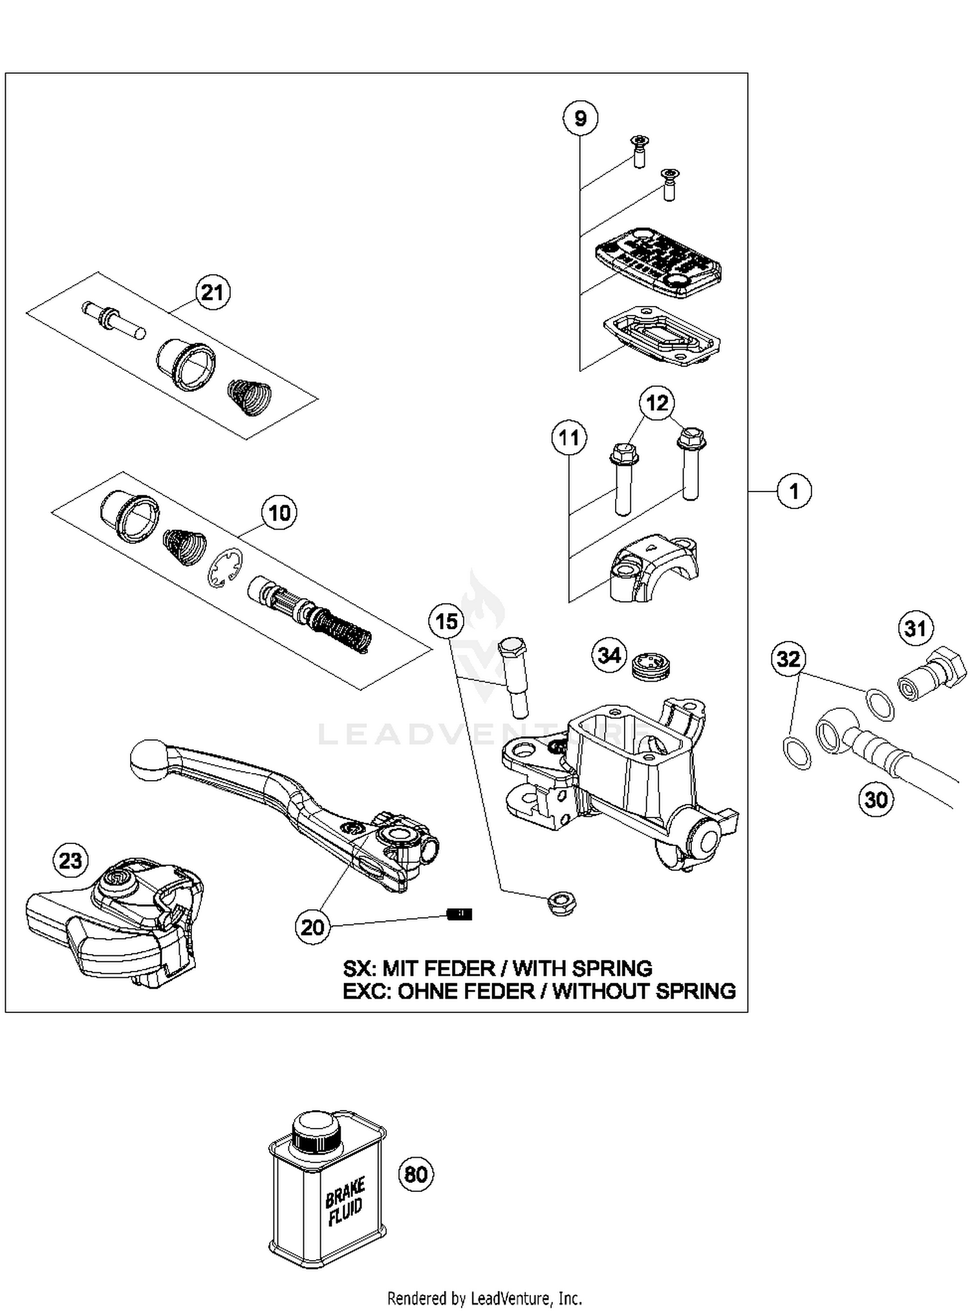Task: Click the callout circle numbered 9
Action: click(x=580, y=118)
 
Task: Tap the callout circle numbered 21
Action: click(x=213, y=292)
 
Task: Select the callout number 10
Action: click(x=279, y=513)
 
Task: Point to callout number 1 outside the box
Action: click(x=793, y=491)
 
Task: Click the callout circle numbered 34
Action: click(x=609, y=655)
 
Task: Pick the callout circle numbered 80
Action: click(x=415, y=1173)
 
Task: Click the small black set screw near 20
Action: click(x=460, y=914)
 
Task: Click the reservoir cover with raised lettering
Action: click(x=658, y=262)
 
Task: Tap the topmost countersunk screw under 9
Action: click(x=640, y=151)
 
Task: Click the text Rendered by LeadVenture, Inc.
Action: click(x=484, y=1297)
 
